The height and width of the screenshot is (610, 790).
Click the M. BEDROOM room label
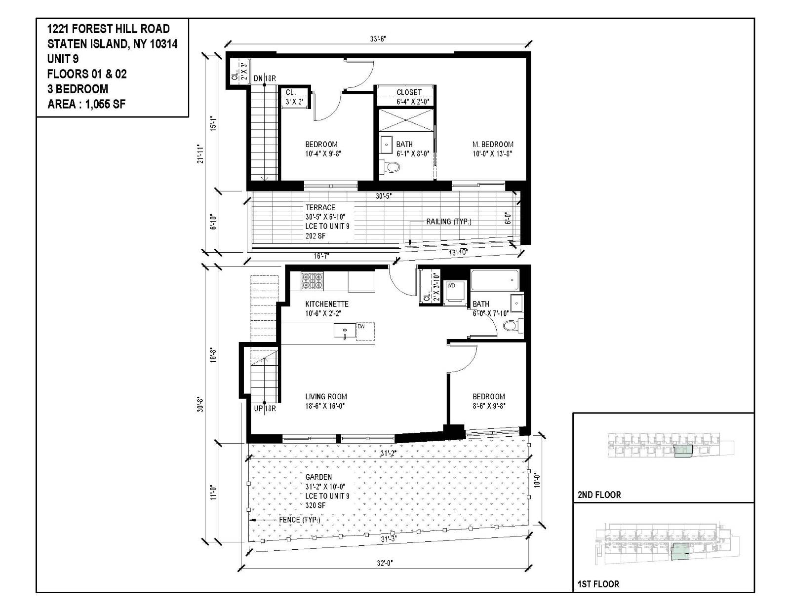click(x=492, y=145)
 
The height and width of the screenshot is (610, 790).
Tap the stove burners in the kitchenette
click(x=312, y=281)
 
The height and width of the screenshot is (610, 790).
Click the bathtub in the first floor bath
click(x=495, y=280)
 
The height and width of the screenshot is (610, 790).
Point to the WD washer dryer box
click(x=455, y=293)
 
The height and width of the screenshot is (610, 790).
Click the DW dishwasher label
click(x=361, y=326)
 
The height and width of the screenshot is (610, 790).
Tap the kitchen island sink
click(x=345, y=330)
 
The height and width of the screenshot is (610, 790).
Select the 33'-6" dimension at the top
click(x=378, y=39)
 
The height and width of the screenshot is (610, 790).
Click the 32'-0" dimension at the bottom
click(x=386, y=562)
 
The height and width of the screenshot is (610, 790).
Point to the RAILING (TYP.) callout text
click(x=448, y=222)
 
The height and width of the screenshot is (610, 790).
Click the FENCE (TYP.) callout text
click(x=299, y=520)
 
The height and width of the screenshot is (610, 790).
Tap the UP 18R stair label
click(x=265, y=409)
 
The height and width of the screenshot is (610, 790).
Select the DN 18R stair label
click(x=265, y=78)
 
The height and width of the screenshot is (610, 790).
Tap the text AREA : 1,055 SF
click(x=86, y=104)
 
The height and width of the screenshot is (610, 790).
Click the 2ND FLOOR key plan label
click(x=599, y=495)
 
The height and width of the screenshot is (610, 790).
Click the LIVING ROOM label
click(x=326, y=396)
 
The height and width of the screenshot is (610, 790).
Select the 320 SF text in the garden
click(x=315, y=505)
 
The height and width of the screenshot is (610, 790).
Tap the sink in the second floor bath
click(x=386, y=145)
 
